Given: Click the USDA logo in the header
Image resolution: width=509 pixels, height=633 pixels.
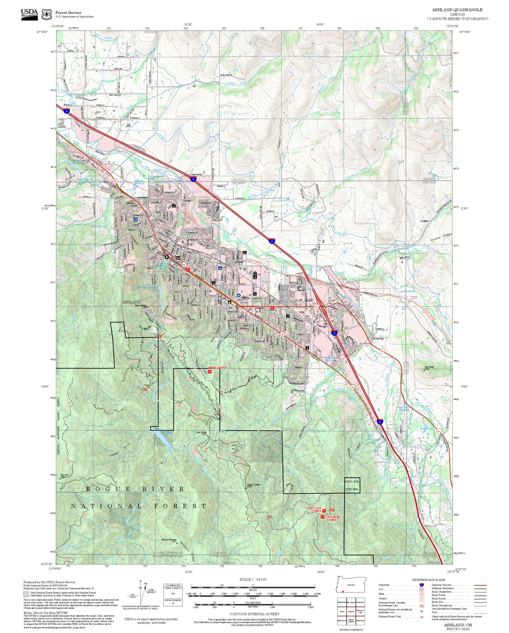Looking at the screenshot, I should [x=29, y=14].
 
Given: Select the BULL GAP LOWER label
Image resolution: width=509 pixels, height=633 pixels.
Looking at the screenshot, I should [x=315, y=510].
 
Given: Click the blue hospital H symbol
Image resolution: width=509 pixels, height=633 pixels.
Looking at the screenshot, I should [x=136, y=219].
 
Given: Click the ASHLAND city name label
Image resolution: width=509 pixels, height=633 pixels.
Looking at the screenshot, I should [x=132, y=302].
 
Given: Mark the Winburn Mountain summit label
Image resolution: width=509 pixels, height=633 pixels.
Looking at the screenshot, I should [x=169, y=540].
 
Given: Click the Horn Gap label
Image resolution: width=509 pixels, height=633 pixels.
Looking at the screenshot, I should [x=64, y=475].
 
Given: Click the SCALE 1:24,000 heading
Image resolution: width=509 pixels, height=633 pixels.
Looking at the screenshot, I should [x=253, y=579].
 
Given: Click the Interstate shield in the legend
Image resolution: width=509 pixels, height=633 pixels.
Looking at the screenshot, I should [x=421, y=585].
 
